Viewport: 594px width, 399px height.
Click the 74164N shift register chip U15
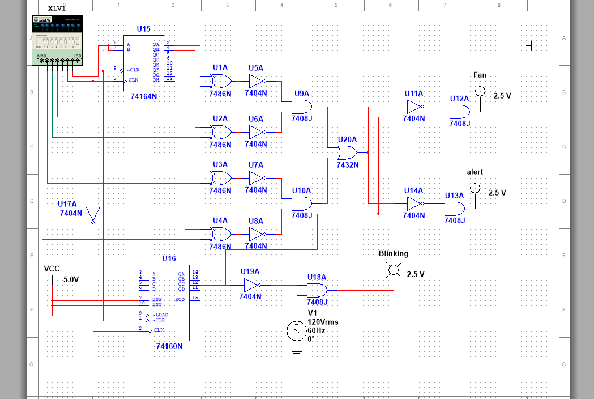144,62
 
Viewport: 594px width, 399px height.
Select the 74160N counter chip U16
169,302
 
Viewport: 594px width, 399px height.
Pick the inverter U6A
256,132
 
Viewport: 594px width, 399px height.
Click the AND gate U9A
301,106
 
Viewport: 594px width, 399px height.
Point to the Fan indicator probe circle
480,91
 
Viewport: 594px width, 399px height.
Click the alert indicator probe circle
475,188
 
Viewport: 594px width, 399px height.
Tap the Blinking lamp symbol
394,270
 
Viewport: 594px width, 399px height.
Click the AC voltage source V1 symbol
297,330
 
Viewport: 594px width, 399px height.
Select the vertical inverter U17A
93,214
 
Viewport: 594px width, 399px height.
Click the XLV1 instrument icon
58,39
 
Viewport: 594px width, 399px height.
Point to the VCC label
52,269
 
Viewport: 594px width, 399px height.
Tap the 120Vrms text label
323,322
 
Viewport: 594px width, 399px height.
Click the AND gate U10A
301,203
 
